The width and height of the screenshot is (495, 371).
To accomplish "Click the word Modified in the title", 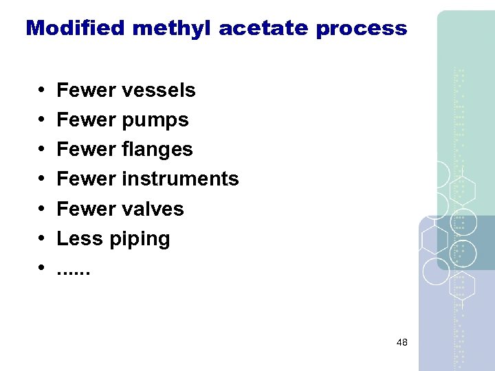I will pos(76,28).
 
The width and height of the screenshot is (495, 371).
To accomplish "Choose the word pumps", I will pos(155,120).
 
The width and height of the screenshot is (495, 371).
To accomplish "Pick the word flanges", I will pos(157,150).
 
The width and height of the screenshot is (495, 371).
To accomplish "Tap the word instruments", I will pos(180,179).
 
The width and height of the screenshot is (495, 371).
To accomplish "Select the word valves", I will pos(153,209).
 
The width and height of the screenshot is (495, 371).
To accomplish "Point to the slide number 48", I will pos(402,341).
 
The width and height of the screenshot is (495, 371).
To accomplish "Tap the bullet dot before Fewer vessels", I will pos(42,91).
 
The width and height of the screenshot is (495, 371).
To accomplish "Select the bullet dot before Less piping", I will pos(42,239).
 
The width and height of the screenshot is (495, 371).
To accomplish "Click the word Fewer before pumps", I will pos(87,120).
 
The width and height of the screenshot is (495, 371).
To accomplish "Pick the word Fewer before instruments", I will pos(87,179).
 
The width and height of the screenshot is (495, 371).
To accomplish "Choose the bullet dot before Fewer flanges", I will pos(42,150).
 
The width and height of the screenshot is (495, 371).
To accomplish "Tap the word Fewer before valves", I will pos(87,209).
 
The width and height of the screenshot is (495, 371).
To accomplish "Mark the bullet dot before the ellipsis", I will pos(42,269).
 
